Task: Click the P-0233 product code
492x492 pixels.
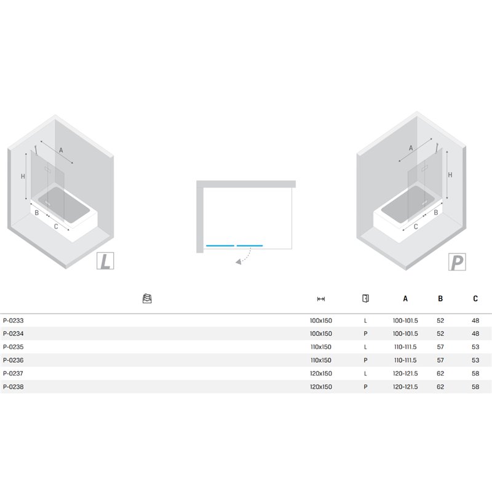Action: [13, 320]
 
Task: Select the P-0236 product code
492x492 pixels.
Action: [13, 360]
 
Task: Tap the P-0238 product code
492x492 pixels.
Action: [13, 387]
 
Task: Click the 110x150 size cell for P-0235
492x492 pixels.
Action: [321, 347]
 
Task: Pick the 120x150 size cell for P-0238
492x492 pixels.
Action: [321, 387]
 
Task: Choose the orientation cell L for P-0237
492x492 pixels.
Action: [365, 374]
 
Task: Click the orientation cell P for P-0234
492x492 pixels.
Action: [365, 334]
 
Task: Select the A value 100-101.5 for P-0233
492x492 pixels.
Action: [405, 320]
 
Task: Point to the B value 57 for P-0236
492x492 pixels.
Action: [440, 360]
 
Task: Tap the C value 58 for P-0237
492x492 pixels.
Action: [475, 374]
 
